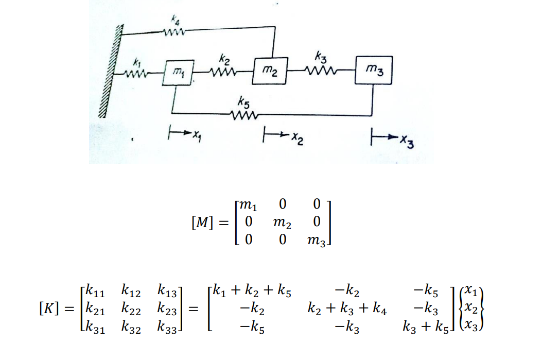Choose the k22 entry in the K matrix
point(132,310)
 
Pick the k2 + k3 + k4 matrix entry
point(347,310)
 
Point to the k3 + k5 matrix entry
point(425,326)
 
